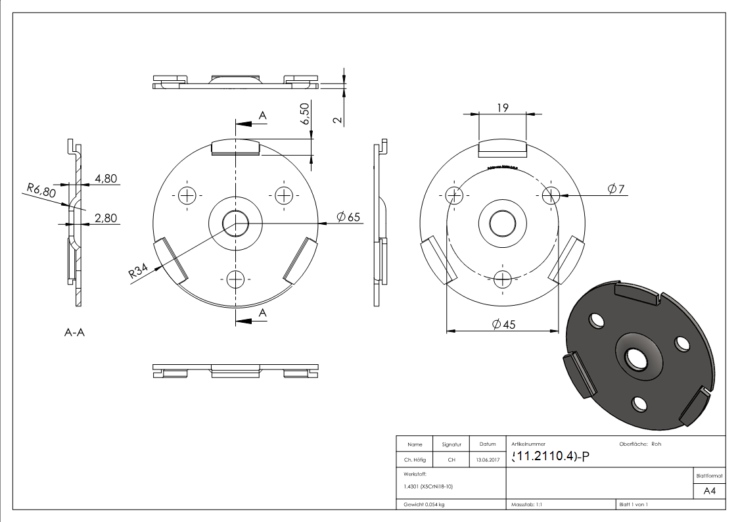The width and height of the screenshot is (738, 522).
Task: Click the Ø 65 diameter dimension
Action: tap(348, 218)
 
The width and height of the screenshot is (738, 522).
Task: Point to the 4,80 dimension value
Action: tap(106, 178)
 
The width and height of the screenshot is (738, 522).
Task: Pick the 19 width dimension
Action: tap(502, 108)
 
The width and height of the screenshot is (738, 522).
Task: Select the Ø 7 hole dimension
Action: tap(616, 189)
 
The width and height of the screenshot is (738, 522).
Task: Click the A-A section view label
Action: tap(74, 333)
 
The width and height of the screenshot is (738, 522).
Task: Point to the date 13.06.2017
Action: tap(487, 460)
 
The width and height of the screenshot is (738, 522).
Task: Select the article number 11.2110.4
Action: tap(545, 456)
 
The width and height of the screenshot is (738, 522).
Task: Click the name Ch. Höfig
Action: tap(415, 460)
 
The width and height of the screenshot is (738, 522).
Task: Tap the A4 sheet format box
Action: tap(709, 491)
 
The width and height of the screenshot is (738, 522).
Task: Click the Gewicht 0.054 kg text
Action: tap(425, 504)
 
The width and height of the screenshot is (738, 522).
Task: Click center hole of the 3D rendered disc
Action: tap(635, 358)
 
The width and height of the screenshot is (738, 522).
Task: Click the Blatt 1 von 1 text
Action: tap(634, 504)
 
